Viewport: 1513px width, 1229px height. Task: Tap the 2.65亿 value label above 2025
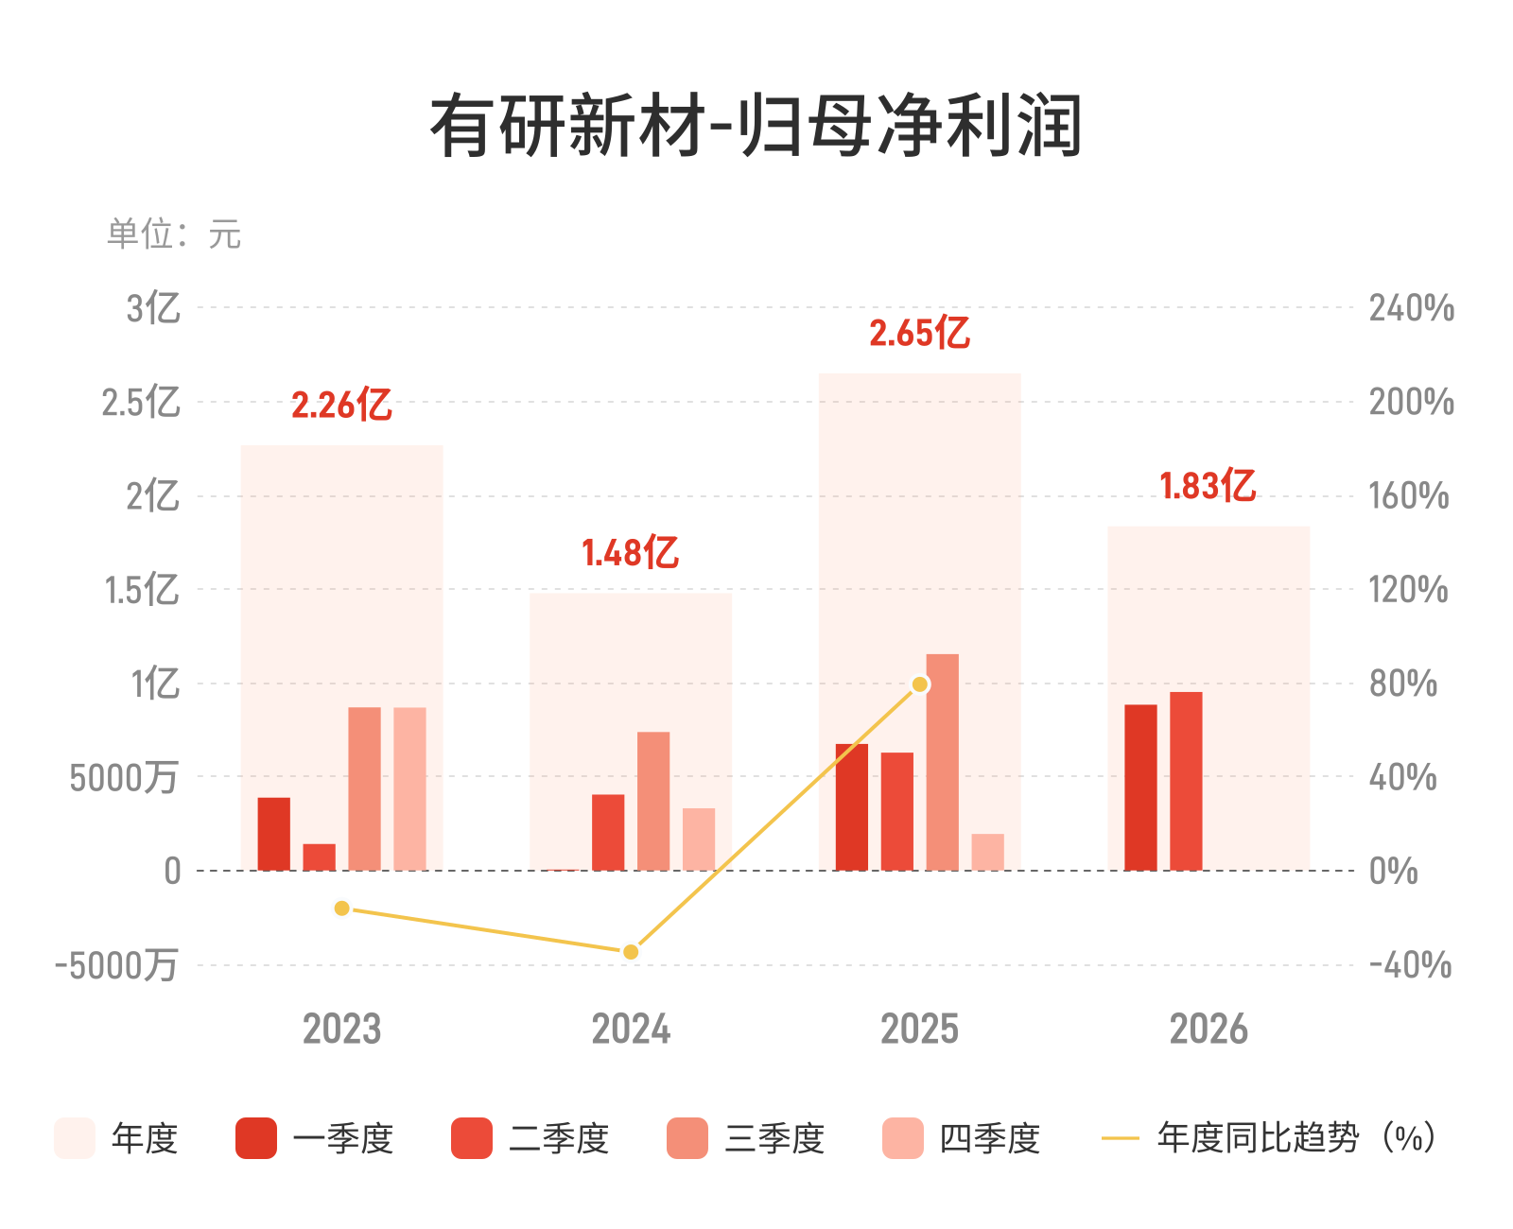(919, 332)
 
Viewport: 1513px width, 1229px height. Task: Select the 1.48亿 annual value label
(630, 552)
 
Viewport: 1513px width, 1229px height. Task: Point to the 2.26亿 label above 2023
(341, 405)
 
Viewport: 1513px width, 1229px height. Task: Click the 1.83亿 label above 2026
(1208, 486)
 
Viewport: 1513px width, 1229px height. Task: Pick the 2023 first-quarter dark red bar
(273, 834)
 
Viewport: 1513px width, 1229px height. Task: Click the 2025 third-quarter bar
(942, 762)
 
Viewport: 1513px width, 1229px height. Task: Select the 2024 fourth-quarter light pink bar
(698, 840)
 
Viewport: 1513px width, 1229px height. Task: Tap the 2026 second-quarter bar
(1186, 781)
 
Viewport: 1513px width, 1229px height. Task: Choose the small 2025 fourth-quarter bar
(987, 852)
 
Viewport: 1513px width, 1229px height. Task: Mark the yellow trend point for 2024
(630, 952)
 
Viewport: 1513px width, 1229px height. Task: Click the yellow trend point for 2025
(919, 684)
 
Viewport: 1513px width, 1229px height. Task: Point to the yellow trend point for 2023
(341, 909)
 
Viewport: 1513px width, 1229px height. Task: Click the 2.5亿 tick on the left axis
(141, 403)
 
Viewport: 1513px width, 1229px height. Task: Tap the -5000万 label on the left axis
(116, 965)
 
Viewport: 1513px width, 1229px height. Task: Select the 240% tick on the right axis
(1412, 308)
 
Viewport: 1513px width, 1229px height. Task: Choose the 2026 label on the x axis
(1209, 1029)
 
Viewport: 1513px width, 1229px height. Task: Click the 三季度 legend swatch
(687, 1138)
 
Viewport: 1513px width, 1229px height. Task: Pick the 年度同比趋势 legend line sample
(1120, 1138)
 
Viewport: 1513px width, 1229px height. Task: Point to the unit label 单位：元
(174, 234)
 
